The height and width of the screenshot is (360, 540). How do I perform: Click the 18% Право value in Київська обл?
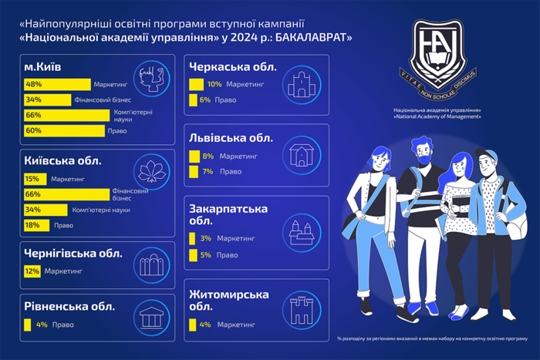32,225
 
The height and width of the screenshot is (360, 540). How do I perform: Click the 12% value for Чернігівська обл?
32,271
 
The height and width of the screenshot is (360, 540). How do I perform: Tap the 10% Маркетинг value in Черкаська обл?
214,84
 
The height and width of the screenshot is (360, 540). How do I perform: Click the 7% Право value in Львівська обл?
208,171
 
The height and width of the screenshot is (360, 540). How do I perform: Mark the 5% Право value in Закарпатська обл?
204,254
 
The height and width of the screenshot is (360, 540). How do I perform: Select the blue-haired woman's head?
461,166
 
